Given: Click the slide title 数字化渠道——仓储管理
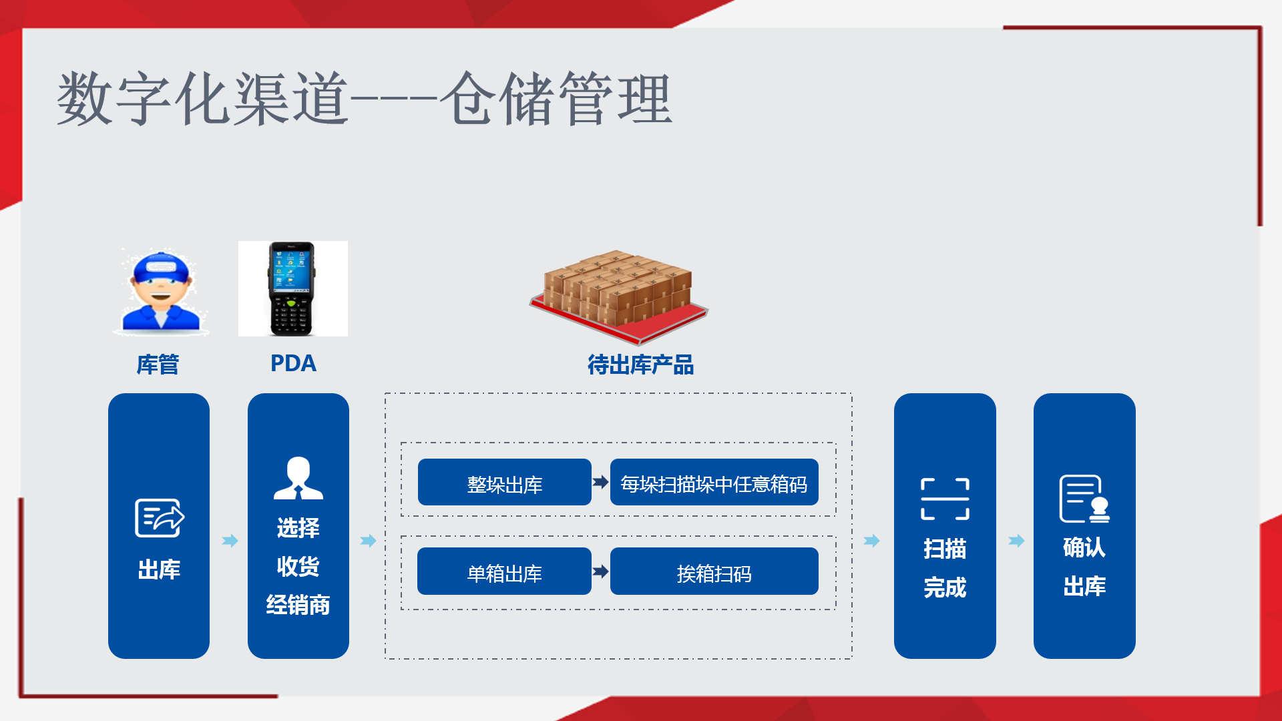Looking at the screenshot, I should point(364,99).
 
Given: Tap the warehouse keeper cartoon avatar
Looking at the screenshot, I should point(161,291).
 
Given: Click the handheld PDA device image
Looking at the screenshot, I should point(292,288).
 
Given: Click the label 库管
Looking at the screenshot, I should point(158,365).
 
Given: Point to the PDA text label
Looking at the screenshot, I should point(293,364).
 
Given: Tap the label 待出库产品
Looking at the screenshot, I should point(640,365).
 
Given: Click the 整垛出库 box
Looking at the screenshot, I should point(504,483).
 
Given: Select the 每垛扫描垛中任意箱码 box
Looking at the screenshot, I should point(714,483).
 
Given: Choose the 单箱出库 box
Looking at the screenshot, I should point(504,572).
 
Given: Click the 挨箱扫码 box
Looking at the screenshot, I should point(714,572).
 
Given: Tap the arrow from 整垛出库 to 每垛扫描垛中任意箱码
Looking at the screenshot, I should point(600,482).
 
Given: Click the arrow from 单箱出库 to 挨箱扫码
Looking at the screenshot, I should point(600,571).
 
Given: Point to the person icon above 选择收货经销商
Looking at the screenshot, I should point(298,479).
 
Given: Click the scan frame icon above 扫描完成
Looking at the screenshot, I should point(945,499).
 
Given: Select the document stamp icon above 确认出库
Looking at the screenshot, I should point(1084,499).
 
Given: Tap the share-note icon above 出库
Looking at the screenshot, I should point(160,517).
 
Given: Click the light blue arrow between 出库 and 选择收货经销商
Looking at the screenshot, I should point(230,541).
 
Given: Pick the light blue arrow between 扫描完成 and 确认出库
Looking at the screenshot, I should point(1016,541).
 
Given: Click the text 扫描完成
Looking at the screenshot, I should point(945,568).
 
